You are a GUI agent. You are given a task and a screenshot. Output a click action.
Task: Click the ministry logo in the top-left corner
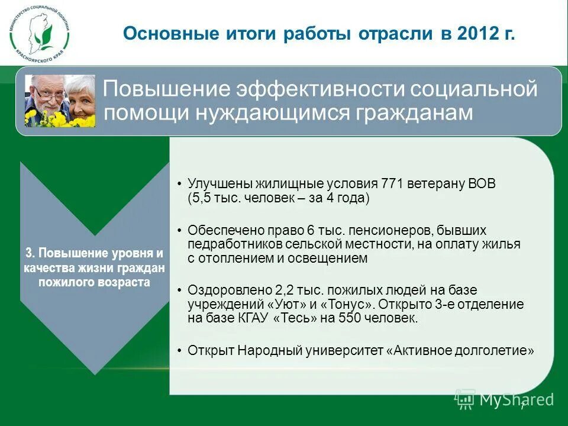pyautogui.click(x=39, y=33)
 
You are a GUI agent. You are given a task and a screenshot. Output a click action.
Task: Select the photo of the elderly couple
pyautogui.click(x=60, y=101)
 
